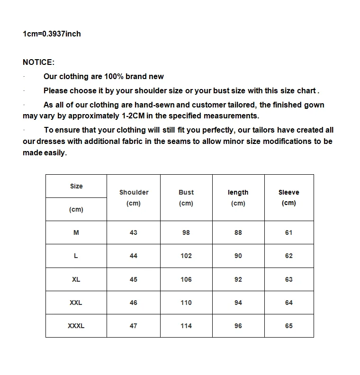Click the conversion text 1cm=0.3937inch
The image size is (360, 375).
point(52,34)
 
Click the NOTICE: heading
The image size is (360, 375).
point(39,62)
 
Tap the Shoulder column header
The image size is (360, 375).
point(134,193)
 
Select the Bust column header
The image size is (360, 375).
point(186,193)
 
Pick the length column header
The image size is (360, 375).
point(238,193)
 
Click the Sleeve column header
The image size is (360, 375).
point(288,192)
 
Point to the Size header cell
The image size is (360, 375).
point(76,186)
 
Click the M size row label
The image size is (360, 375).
point(76,232)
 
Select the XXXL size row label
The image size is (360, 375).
point(76,326)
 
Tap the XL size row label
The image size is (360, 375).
point(76,279)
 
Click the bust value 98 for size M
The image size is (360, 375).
point(186,232)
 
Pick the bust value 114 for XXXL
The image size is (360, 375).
point(186,326)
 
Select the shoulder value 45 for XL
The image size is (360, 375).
point(134,279)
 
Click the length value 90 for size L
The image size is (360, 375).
point(238,256)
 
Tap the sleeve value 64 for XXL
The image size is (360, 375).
point(289,303)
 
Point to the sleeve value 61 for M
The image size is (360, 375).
point(289,232)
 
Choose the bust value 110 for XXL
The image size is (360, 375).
point(186,303)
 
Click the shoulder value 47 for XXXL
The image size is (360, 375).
point(134,326)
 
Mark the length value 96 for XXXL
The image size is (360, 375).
point(238,326)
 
